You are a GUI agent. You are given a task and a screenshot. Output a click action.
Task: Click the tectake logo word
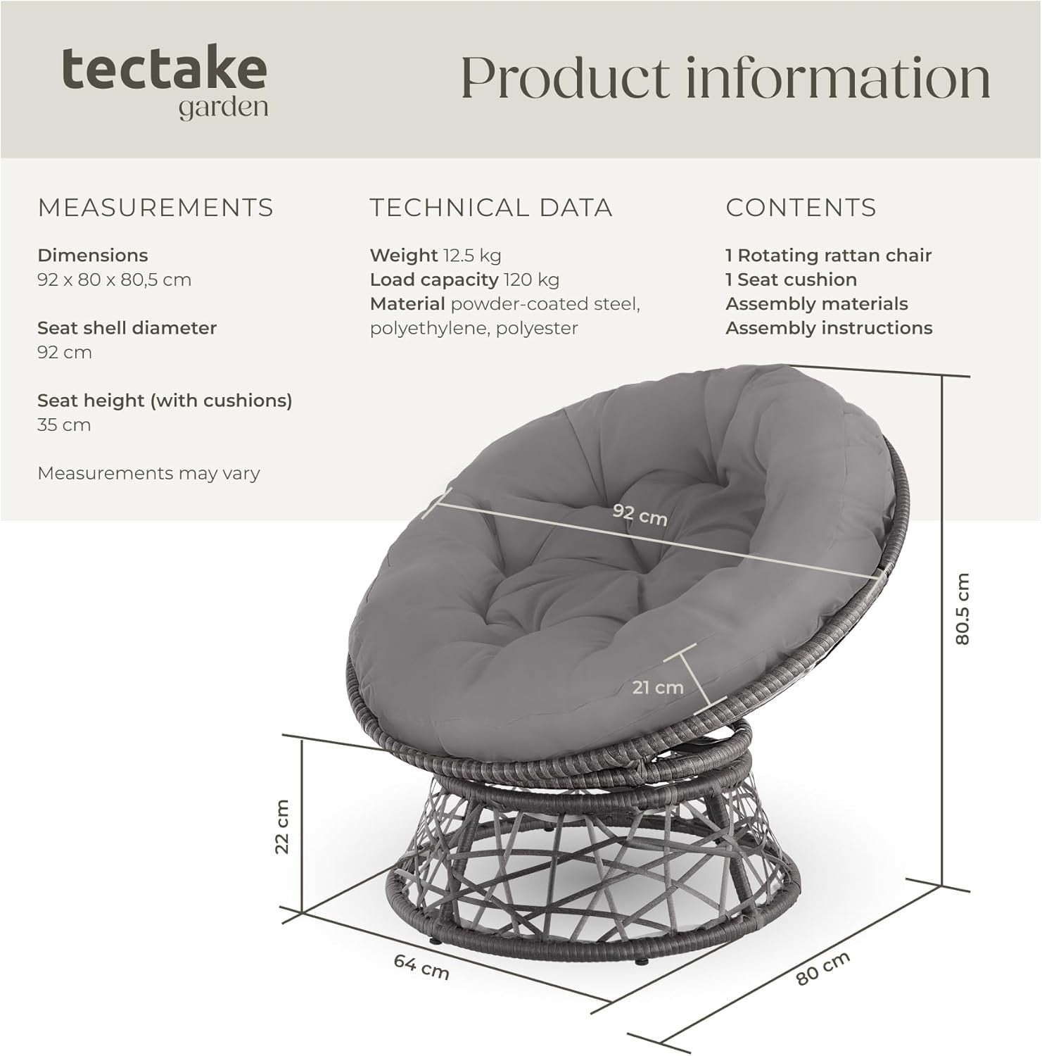coord(164,69)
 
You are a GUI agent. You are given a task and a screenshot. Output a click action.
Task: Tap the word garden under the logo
coord(223,108)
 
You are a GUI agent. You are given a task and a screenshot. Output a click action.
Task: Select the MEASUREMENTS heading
coord(155,208)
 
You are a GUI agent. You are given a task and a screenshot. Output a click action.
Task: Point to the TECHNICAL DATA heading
coord(491,208)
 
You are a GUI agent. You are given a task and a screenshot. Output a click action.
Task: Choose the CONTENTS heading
coord(801,208)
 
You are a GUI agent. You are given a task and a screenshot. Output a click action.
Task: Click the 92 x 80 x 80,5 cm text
coord(114,279)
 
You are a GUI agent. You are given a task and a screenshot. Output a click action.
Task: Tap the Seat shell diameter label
coord(127,328)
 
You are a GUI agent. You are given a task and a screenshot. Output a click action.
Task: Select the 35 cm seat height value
coord(64,425)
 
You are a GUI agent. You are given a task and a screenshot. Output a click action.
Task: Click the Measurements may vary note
coord(148,473)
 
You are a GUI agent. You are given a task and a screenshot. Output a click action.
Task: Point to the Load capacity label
coord(434,279)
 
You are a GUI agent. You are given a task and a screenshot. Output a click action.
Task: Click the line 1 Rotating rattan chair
coord(828,256)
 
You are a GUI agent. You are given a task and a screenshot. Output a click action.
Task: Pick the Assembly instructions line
coord(829,328)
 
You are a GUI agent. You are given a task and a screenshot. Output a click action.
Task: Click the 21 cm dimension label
coord(657,687)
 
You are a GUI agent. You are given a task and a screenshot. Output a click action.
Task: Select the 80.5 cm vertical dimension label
coord(962,609)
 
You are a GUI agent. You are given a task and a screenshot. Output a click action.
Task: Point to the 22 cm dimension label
coord(282,826)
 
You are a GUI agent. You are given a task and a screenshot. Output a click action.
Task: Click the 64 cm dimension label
coord(421,967)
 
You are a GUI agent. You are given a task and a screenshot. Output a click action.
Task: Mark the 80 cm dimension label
coord(823,968)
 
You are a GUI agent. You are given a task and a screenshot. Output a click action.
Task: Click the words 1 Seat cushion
coord(791,279)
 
